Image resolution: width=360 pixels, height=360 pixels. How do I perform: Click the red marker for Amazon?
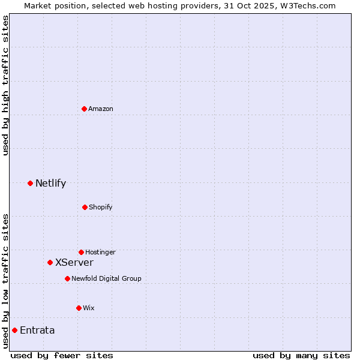[x=84, y=109]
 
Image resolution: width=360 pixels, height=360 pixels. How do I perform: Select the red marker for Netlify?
[x=30, y=183]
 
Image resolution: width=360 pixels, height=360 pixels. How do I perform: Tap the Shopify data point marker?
[x=85, y=207]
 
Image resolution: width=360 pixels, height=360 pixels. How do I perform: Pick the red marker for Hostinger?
[x=81, y=252]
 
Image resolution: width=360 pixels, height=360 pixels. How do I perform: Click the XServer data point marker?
[x=50, y=262]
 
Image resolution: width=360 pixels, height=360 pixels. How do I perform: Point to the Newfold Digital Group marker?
[x=67, y=278]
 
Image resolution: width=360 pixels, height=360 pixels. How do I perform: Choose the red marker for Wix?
[x=79, y=308]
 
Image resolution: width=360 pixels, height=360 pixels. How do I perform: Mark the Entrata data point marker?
[x=14, y=330]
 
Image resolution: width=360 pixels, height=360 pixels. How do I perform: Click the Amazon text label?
[x=101, y=109]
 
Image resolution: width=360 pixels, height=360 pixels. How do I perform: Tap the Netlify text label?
[x=50, y=183]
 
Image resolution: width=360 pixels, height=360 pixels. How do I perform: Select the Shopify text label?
[x=101, y=207]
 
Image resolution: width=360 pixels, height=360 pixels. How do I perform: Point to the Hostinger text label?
[x=100, y=252]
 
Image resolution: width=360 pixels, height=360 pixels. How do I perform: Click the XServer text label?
[x=74, y=262]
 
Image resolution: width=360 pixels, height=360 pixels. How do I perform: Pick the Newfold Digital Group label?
[x=106, y=278]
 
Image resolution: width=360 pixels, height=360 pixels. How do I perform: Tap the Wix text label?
[x=89, y=308]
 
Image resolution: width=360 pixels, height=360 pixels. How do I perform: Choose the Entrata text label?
[x=37, y=330]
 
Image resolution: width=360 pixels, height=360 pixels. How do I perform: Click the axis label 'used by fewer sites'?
[x=62, y=355]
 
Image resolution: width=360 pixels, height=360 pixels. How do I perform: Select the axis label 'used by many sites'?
[x=301, y=355]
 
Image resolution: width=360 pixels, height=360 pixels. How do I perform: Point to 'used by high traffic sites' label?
[x=5, y=85]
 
